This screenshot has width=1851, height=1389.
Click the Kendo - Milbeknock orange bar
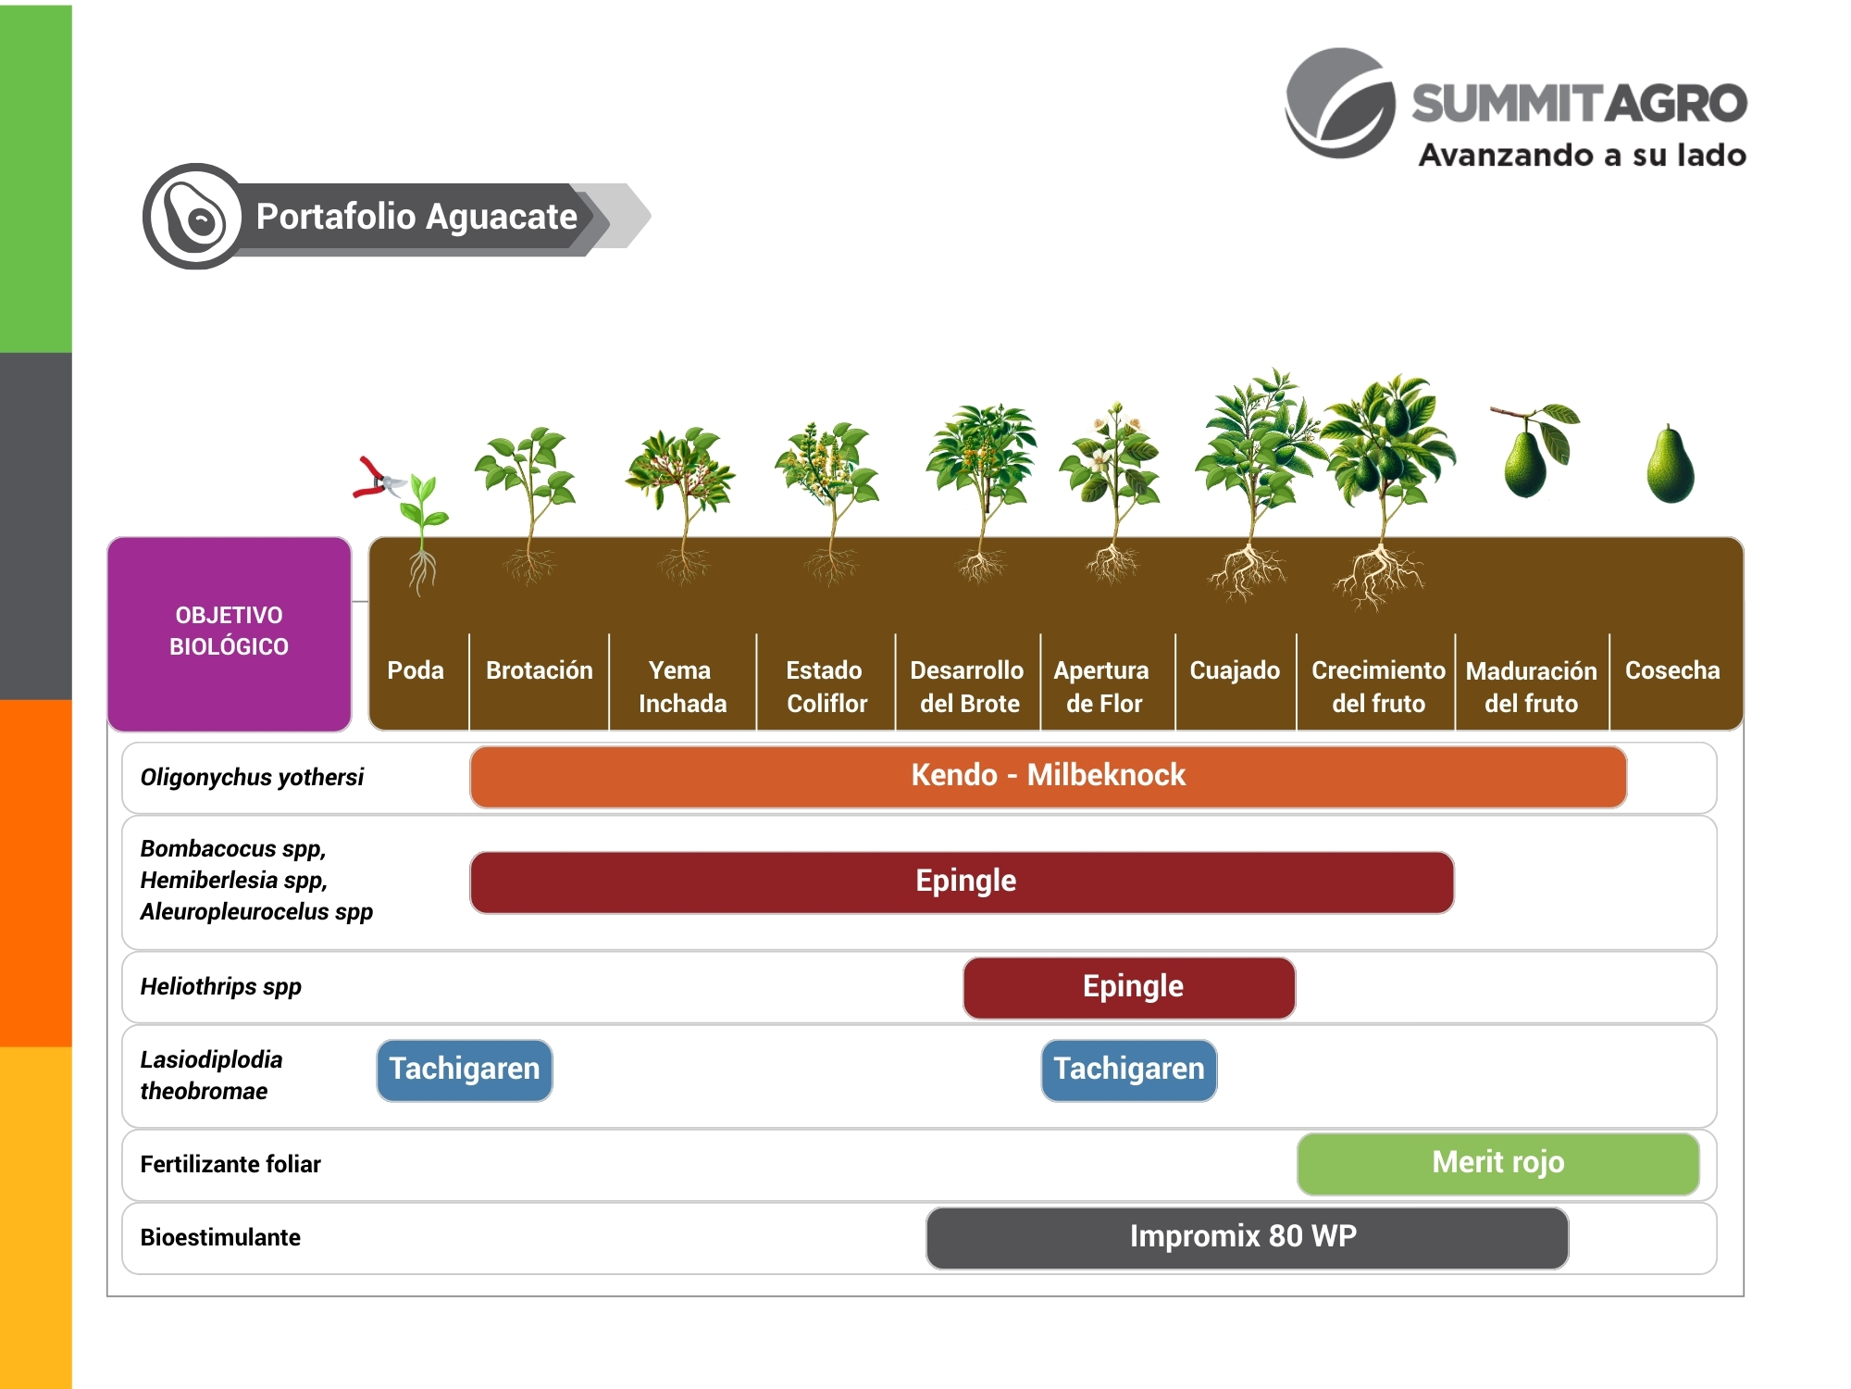1048,776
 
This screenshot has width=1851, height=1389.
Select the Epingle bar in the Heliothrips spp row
1129,987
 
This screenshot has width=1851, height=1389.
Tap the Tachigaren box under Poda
464,1070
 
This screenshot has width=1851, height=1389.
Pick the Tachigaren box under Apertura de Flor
1129,1070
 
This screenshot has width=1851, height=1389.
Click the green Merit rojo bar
1497,1163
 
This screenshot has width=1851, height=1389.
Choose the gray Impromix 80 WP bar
1246,1237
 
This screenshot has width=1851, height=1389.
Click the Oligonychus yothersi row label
252,777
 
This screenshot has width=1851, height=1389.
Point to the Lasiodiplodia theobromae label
211,1075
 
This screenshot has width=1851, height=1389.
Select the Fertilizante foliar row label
230,1164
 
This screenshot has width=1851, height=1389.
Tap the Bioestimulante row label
220,1237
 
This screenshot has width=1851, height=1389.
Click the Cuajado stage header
1235,670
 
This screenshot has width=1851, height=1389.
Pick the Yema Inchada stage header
682,686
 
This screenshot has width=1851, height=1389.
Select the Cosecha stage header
1672,670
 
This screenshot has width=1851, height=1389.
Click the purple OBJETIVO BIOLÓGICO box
229,632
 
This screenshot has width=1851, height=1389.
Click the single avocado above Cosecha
1671,466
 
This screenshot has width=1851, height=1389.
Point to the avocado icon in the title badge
194,217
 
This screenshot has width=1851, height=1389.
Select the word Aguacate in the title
501,217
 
